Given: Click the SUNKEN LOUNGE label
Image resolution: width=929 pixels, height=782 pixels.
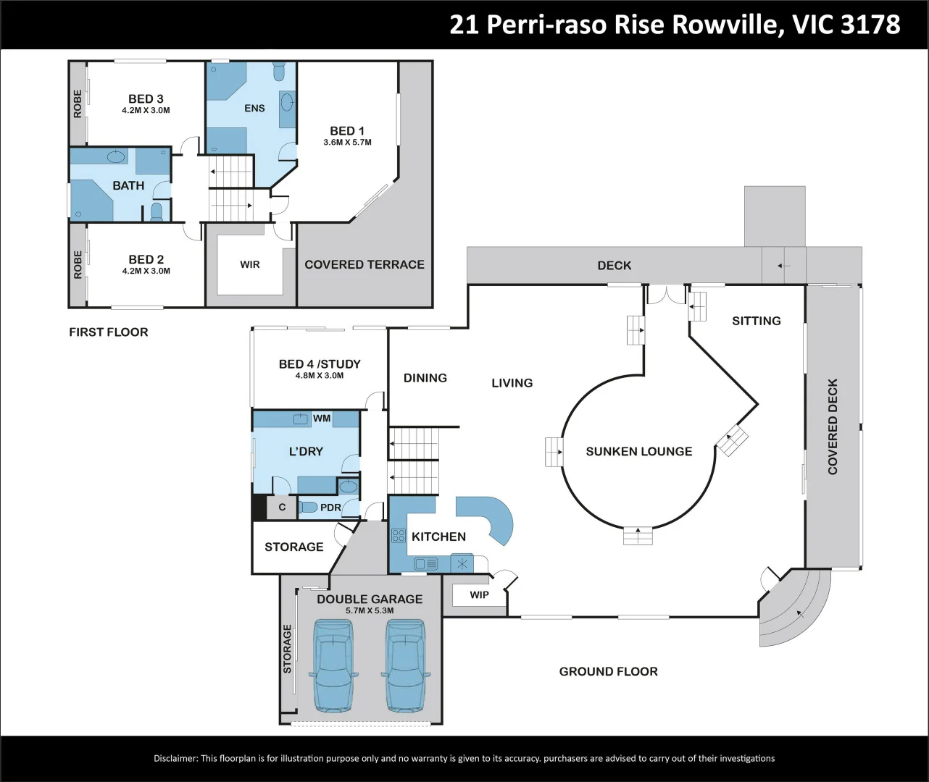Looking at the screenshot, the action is pos(639,451).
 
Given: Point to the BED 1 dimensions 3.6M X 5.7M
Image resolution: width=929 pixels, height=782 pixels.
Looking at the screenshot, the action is pos(348,142).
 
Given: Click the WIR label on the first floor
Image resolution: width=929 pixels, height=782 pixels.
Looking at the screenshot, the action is pos(249,264).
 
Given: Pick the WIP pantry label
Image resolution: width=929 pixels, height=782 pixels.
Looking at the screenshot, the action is pos(479,595).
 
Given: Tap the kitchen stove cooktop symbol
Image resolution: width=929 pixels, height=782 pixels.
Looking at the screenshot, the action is pos(399,535).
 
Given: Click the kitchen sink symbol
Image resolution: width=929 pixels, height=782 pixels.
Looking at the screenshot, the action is pos(426,564).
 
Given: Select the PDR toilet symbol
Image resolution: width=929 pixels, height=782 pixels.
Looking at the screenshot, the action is pos(309,508).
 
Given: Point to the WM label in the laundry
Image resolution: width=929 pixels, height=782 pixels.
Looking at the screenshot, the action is pos(322,418).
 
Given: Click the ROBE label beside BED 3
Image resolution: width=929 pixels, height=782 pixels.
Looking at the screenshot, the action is pos(78,104).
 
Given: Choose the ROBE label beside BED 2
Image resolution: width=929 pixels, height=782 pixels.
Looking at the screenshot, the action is pos(78,264).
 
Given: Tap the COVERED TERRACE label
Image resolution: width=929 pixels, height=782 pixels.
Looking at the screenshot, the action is pos(364,264).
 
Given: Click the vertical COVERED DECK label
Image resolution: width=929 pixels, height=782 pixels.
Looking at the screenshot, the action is pos(833,426).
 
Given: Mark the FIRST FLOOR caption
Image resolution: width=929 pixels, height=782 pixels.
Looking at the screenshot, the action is pos(109,332).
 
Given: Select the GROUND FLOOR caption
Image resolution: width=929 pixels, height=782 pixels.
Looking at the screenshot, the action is pos(608,671).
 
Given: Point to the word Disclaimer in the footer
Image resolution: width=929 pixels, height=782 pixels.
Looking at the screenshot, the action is pos(175,758).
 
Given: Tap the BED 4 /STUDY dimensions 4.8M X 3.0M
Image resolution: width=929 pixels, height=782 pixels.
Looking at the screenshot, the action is pos(320,375).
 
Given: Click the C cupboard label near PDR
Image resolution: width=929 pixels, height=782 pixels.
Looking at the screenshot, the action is pos(282,508).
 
